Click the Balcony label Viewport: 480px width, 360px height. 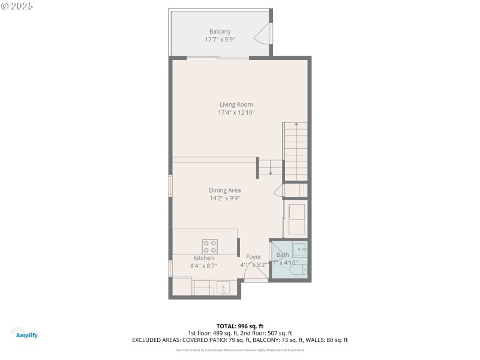click(x=220, y=31)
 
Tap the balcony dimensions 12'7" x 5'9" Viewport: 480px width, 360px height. click(x=220, y=40)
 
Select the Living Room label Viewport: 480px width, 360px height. click(x=236, y=104)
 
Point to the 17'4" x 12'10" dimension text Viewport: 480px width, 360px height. click(x=236, y=112)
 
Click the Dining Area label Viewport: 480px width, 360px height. click(x=224, y=190)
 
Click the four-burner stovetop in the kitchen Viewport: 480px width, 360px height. click(x=210, y=246)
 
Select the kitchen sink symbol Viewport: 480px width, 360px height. click(x=223, y=288)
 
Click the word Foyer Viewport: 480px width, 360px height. click(x=253, y=257)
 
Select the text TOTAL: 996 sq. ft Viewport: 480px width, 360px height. click(x=239, y=326)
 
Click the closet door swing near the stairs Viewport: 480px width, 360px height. click(x=278, y=191)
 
